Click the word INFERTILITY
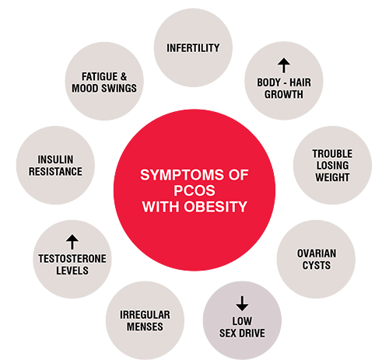pyautogui.click(x=193, y=48)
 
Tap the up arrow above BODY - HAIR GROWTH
pyautogui.click(x=284, y=65)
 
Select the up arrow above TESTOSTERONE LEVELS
pyautogui.click(x=72, y=242)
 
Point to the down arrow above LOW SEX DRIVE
pyautogui.click(x=242, y=303)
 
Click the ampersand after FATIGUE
pyautogui.click(x=124, y=77)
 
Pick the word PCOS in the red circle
pyautogui.click(x=194, y=190)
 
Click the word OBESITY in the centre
pyautogui.click(x=216, y=207)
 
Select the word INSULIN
pyautogui.click(x=55, y=159)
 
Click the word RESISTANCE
pyautogui.click(x=55, y=172)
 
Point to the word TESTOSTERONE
pyautogui.click(x=72, y=259)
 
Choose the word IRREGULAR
pyautogui.click(x=145, y=315)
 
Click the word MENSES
pyautogui.click(x=145, y=327)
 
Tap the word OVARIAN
pyautogui.click(x=317, y=253)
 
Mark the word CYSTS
pyautogui.click(x=317, y=265)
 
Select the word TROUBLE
pyautogui.click(x=332, y=154)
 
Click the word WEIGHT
pyautogui.click(x=332, y=177)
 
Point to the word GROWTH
pyautogui.click(x=284, y=94)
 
